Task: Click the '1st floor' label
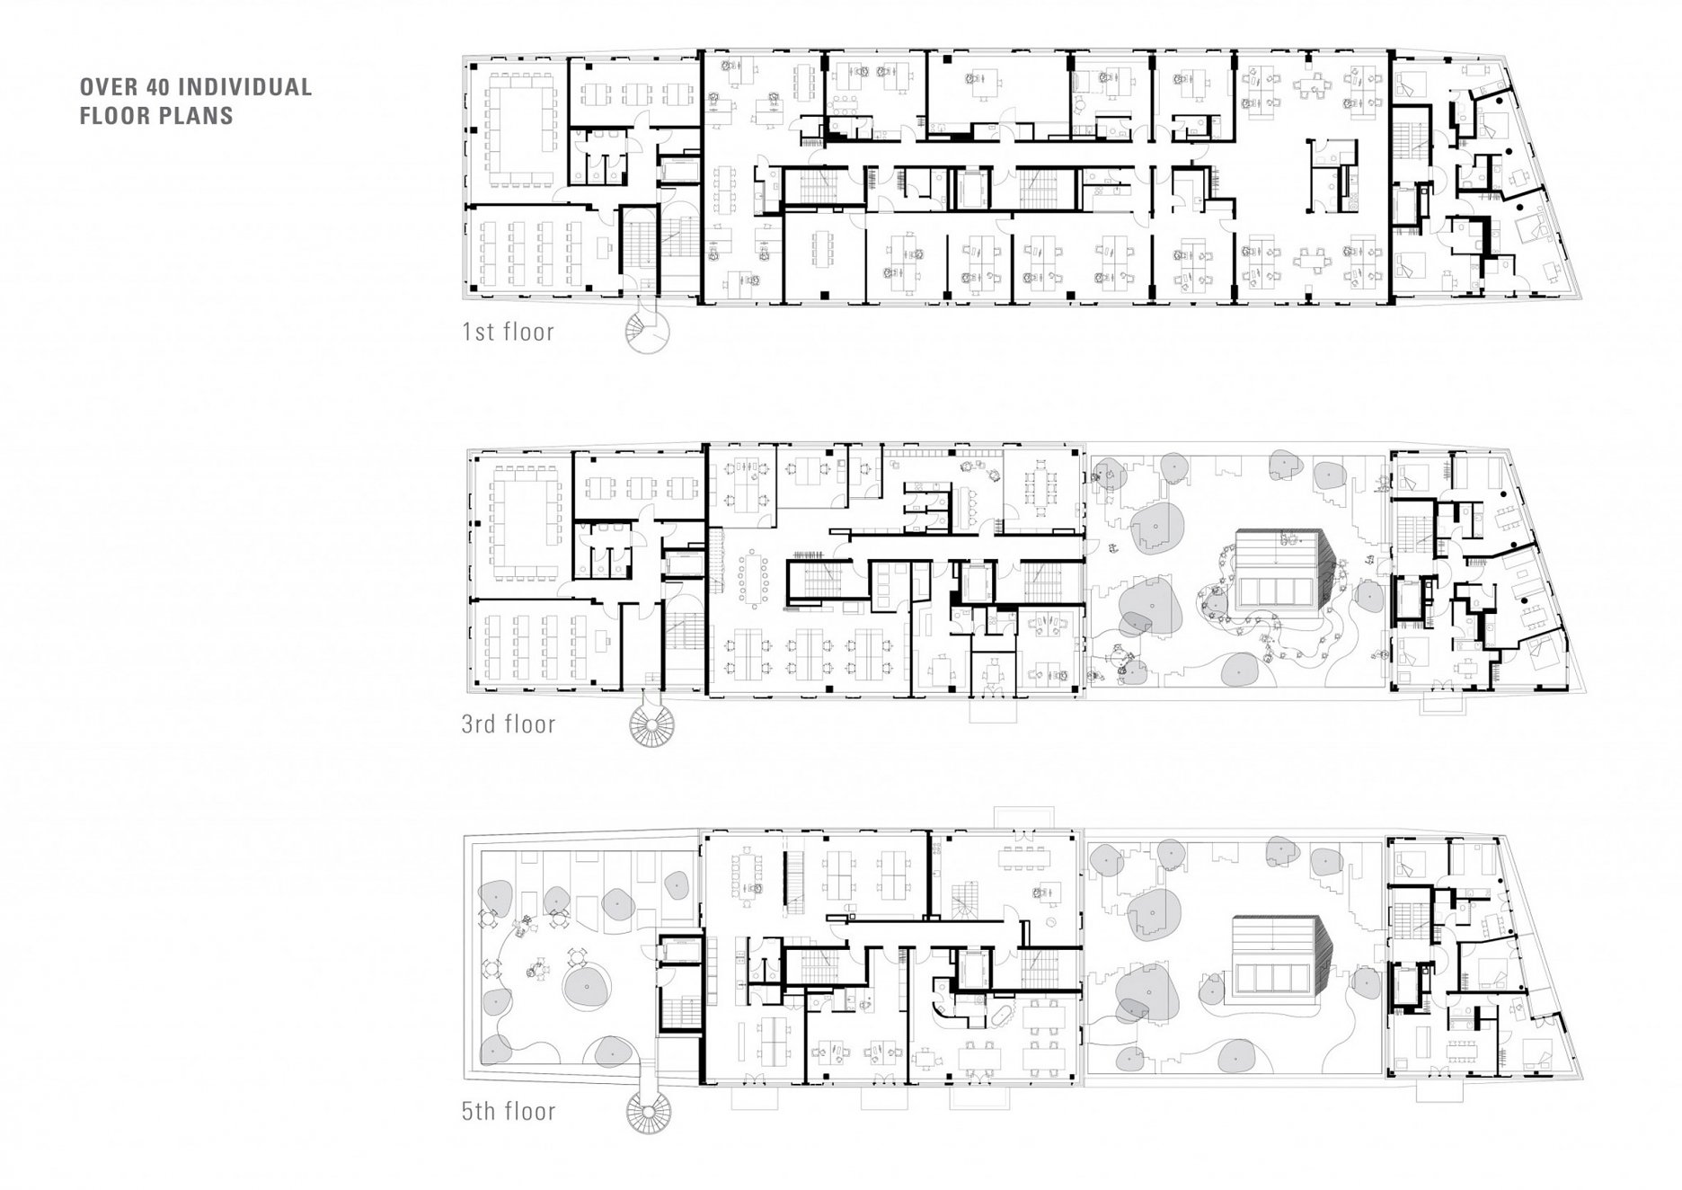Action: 508,332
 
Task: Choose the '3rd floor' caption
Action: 509,724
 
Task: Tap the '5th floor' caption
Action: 509,1112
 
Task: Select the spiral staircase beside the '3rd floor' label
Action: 649,723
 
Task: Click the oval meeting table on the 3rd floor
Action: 751,581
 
